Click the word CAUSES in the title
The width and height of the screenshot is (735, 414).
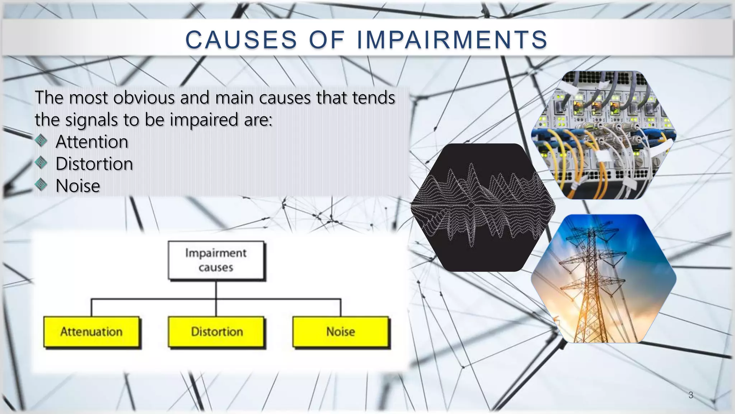[241, 40]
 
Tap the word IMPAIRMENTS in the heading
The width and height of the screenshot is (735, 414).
[452, 40]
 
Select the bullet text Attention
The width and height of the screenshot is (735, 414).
[92, 142]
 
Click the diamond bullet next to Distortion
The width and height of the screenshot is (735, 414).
[41, 163]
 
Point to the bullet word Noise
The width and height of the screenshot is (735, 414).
[78, 186]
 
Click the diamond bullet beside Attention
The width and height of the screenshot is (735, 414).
[41, 141]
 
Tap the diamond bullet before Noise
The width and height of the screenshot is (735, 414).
[41, 185]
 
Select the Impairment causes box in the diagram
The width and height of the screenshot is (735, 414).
[216, 260]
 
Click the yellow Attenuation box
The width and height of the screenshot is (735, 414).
[92, 332]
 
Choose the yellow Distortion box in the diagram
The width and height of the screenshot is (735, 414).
[216, 332]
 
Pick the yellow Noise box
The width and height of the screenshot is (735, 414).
[341, 332]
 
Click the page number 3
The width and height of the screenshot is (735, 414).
[691, 395]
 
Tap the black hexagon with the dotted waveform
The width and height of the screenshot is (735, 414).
[483, 207]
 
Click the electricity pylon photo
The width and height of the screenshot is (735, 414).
[604, 279]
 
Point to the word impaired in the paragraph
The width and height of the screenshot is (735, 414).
[204, 120]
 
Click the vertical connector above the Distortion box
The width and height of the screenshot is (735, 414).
[216, 307]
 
